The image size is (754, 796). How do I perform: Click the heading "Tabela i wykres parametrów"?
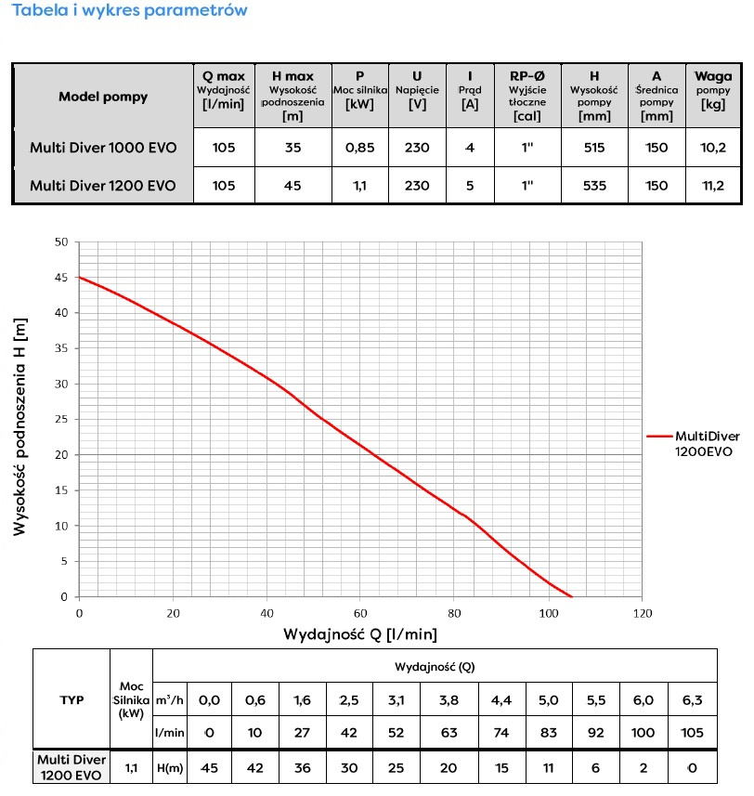click(129, 11)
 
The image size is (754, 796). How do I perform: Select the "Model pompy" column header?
click(102, 96)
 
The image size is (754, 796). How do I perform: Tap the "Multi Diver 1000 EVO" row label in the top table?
click(102, 147)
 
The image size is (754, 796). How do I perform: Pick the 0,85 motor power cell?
click(359, 147)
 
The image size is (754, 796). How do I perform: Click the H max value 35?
click(292, 147)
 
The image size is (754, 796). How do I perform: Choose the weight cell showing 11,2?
click(713, 186)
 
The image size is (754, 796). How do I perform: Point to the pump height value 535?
click(594, 186)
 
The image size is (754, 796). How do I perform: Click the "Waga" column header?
click(713, 76)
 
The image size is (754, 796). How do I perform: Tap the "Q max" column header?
click(223, 76)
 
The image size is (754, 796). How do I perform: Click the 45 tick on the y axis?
click(62, 277)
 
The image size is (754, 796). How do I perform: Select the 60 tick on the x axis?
click(360, 613)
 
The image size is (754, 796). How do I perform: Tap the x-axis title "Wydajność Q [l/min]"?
click(360, 634)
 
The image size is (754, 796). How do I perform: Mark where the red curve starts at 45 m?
click(80, 277)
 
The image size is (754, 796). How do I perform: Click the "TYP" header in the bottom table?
click(71, 699)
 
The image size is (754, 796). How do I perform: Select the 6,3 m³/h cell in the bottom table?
click(692, 699)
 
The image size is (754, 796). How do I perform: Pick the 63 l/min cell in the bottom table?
click(449, 732)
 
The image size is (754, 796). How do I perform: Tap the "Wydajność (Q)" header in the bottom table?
click(436, 666)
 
